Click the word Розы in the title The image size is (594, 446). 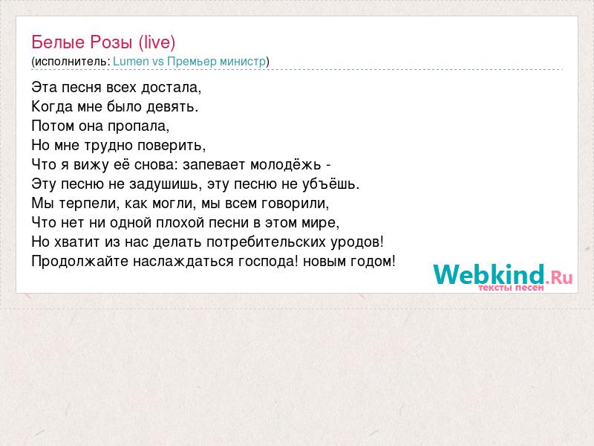pos(111,42)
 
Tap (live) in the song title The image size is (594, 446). pos(157,42)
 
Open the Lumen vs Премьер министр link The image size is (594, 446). pos(189,62)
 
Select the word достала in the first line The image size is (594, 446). pos(171,88)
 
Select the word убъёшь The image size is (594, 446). pos(330,184)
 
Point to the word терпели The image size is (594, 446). pos(90,204)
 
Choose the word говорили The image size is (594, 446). pos(296,204)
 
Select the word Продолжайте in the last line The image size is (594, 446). pos(80,262)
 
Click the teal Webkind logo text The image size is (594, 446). pos(489,274)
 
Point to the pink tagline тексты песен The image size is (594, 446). pos(511,288)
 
